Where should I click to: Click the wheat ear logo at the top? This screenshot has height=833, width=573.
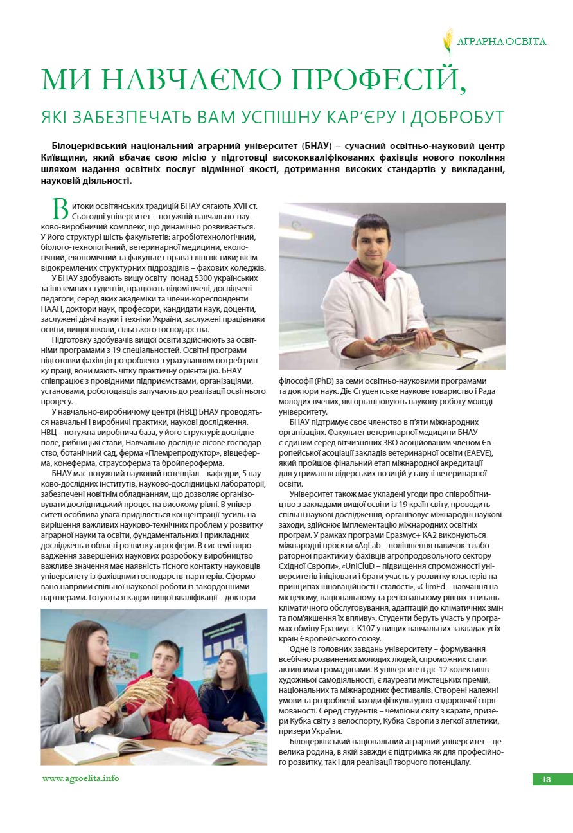[x=448, y=41]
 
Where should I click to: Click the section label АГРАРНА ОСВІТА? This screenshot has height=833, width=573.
[x=501, y=42]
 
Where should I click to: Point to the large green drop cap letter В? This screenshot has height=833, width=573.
[x=59, y=210]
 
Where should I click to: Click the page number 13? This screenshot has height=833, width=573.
[x=546, y=780]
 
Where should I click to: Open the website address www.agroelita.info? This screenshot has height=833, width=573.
[x=80, y=778]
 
